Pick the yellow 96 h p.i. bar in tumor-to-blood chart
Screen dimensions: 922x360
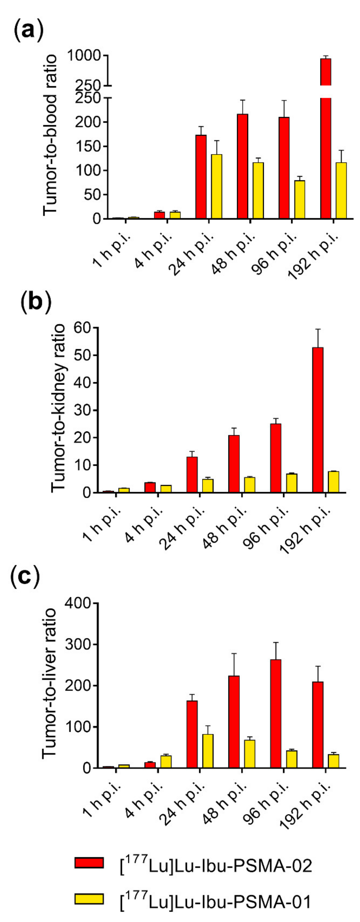[300, 199]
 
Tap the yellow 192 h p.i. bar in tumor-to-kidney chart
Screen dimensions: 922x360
[334, 482]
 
